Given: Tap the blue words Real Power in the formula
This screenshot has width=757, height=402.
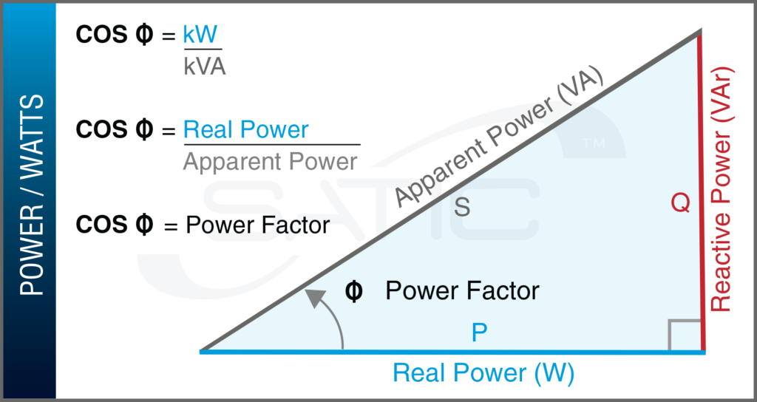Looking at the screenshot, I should tap(245, 130).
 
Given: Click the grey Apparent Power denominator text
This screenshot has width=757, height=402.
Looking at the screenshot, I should tap(270, 161).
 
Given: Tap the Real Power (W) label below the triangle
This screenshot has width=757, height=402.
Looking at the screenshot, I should tap(483, 373).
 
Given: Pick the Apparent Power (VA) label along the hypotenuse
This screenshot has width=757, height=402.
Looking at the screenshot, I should tap(500, 140).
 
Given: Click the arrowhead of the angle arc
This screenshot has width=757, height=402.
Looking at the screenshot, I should tap(316, 298).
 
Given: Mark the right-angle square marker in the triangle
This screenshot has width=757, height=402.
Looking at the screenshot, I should tap(684, 334).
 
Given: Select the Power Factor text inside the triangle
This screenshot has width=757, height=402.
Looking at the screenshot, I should tap(462, 291).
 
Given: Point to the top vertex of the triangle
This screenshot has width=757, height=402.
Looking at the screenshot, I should tap(699, 33).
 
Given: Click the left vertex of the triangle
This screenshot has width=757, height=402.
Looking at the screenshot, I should tap(202, 351).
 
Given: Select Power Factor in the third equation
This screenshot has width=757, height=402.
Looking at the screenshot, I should tap(257, 225).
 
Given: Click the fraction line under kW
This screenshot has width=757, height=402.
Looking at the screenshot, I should tap(203, 50).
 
